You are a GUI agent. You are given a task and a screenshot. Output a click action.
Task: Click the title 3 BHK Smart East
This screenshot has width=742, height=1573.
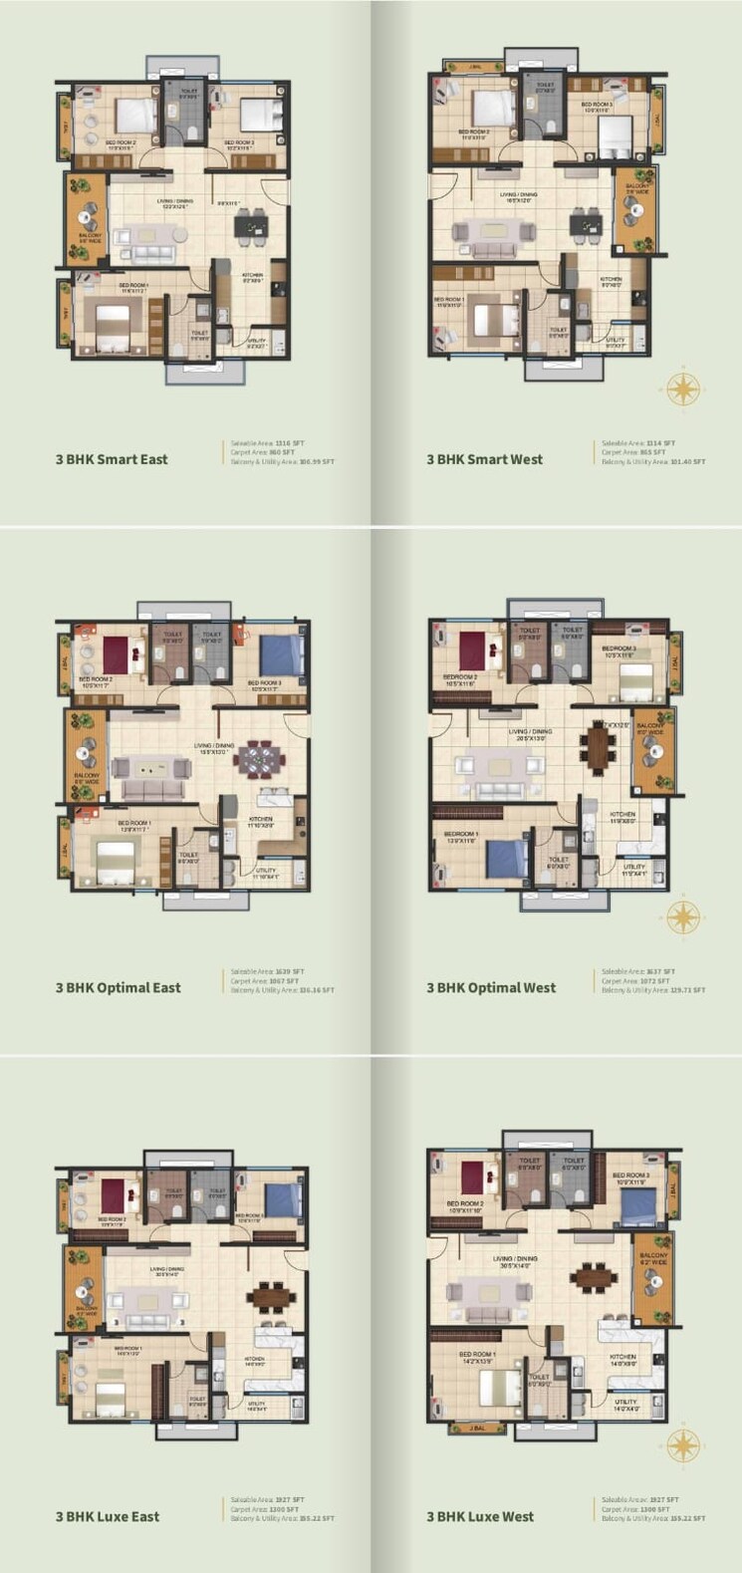coord(112,459)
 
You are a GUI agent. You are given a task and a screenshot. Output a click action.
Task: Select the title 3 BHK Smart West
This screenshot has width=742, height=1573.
coord(485,459)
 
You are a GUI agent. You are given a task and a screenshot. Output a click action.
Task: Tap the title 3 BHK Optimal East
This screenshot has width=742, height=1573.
coord(119,987)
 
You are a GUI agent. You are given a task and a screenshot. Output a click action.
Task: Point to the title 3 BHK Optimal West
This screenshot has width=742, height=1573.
coord(492,987)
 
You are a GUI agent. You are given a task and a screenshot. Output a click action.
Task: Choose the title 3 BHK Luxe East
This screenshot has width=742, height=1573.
coord(108,1516)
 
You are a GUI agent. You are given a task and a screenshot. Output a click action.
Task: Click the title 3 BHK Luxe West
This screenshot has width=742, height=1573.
coord(480,1516)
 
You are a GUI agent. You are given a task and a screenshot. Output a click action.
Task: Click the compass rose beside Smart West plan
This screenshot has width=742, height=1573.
coord(684,387)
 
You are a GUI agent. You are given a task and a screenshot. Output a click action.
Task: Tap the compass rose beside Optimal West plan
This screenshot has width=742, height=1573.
coord(684,916)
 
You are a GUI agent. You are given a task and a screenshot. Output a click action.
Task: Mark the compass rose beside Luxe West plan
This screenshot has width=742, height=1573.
coord(684,1445)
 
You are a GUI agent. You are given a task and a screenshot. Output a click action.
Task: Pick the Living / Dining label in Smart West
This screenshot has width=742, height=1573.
coord(518,195)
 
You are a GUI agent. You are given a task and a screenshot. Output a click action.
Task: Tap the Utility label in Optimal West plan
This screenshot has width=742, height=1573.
coord(634,867)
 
